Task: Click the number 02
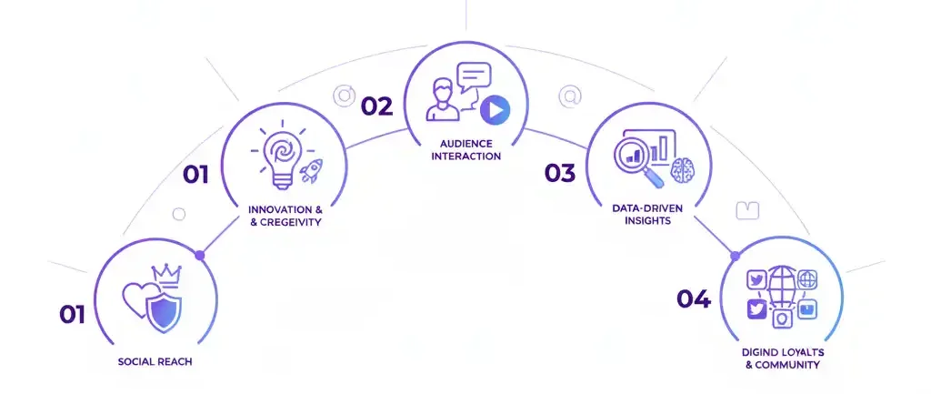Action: pos(377,107)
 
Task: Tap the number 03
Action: pos(560,173)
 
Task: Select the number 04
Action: pos(694,299)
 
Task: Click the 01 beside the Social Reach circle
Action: pos(72,314)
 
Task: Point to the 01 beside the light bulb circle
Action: pos(195,175)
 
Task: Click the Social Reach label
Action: pos(155,361)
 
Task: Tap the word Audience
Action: pos(466,144)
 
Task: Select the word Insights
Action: pos(649,220)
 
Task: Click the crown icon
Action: pos(166,275)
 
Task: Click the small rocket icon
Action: pos(311,170)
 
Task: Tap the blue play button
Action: pos(496,109)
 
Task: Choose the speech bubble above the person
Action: pos(473,77)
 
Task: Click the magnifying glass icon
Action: pos(636,158)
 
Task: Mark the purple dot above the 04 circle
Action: pos(735,256)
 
